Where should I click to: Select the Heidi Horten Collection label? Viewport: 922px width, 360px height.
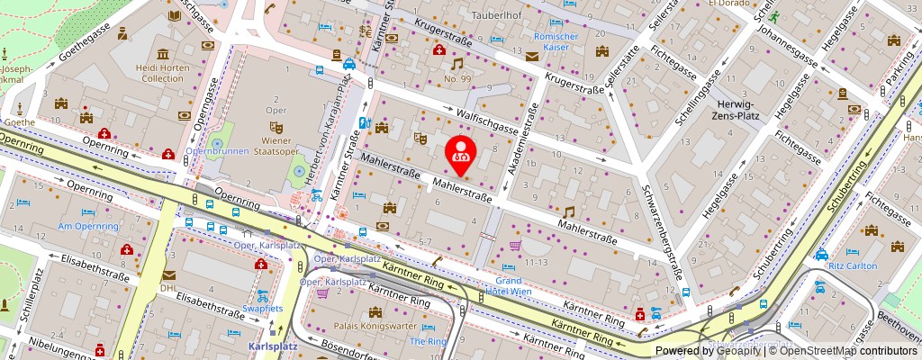pyautogui.click(x=160, y=73)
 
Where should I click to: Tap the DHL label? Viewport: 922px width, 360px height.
pyautogui.click(x=168, y=288)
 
